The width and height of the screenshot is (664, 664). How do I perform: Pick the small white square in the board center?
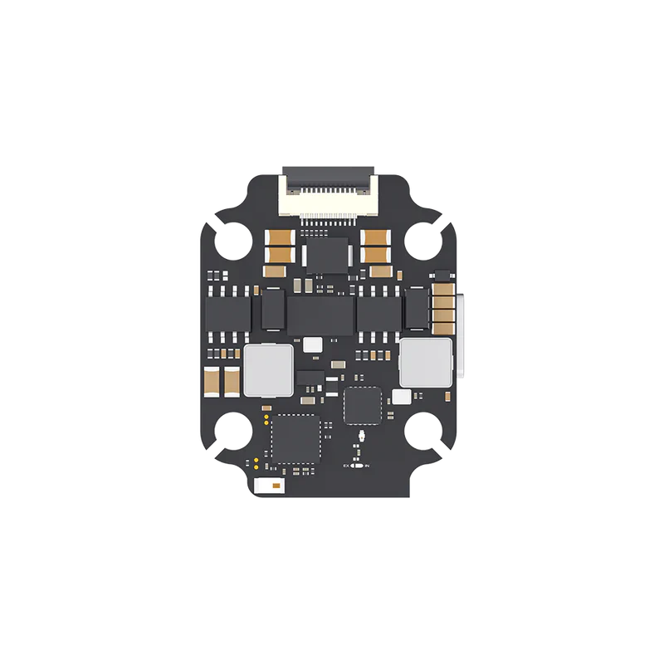pos(313,344)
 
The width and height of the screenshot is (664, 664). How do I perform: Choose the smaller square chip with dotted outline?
pos(362,404)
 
